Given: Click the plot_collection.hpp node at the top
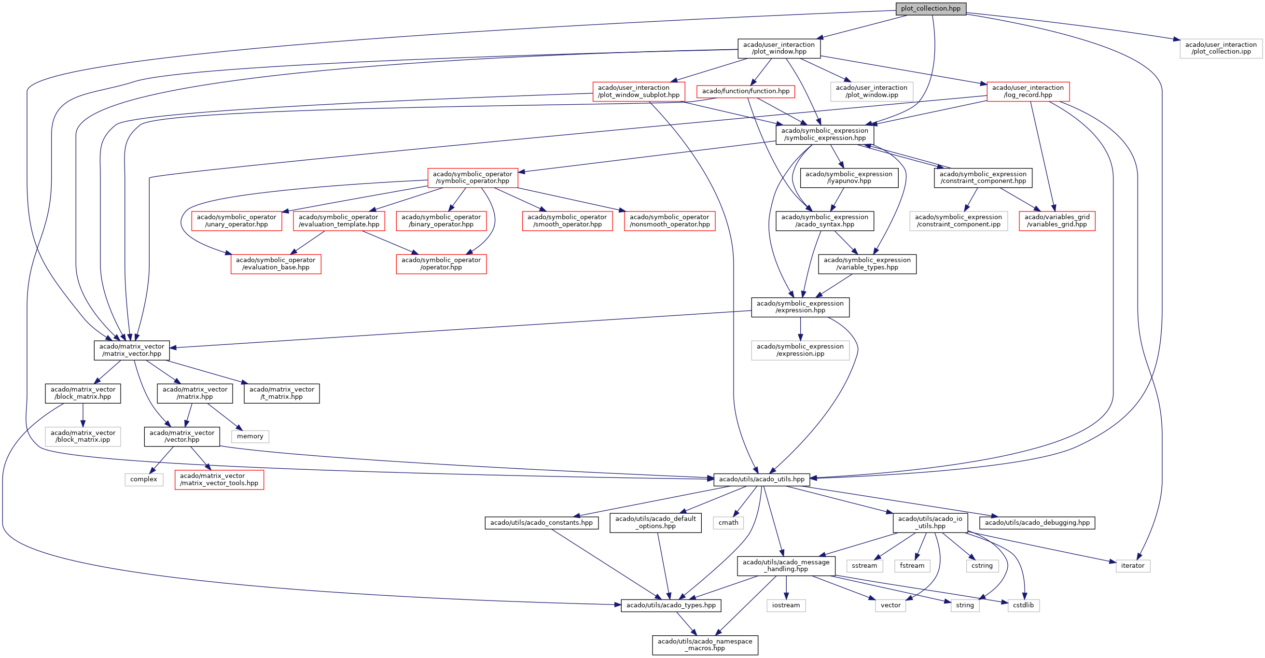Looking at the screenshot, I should tap(930, 9).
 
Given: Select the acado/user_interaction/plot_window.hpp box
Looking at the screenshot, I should tap(779, 48).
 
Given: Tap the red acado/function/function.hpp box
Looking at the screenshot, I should tap(746, 91).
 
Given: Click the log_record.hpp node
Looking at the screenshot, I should tap(1028, 91).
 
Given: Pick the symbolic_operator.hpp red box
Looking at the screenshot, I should tap(473, 178).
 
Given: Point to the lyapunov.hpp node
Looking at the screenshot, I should tap(848, 178).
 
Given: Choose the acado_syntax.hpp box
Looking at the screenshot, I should tap(824, 221).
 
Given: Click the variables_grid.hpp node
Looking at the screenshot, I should tap(1057, 221).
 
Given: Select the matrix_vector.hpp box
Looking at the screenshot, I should tap(132, 350).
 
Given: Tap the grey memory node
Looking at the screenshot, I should tap(250, 436).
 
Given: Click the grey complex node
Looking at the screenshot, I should tap(143, 479).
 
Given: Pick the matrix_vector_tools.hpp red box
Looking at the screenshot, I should tap(219, 479).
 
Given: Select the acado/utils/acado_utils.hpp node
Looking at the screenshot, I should tap(762, 479).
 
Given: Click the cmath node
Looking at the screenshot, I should tap(728, 523).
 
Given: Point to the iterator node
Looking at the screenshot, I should tap(1132, 566).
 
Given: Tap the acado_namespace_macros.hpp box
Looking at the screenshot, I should tap(705, 645).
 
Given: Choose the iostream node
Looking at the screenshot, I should tap(786, 605).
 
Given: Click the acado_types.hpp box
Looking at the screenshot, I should tap(671, 605).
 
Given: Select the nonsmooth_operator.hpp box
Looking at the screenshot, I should tap(669, 221).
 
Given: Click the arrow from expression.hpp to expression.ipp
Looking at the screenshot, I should tap(800, 329).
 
